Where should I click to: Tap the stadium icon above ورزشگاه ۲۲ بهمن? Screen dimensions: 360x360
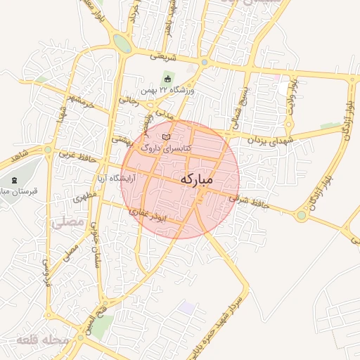167,78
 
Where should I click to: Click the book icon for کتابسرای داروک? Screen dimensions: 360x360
166,137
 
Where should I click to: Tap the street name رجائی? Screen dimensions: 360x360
128,101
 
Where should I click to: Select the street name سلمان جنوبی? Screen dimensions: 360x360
94,253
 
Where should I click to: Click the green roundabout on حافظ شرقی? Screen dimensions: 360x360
302,215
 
